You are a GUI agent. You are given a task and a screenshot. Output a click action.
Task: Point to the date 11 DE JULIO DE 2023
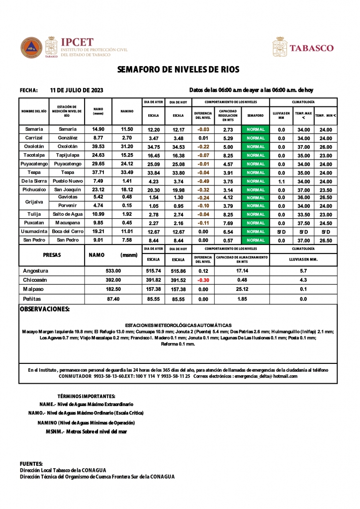pos(77,90)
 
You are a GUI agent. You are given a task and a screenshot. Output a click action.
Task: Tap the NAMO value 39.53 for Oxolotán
pos(98,147)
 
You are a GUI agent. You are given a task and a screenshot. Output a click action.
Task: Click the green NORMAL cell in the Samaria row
pos(255,129)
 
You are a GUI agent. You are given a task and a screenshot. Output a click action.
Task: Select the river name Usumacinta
pos(34,232)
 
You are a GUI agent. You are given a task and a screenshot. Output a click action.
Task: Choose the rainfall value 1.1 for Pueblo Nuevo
pos(281,181)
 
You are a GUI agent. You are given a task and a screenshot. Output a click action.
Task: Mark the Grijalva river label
pos(34,202)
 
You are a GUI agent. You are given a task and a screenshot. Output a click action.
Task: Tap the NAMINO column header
pos(127,111)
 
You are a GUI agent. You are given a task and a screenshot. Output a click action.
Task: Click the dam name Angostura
pos(36,271)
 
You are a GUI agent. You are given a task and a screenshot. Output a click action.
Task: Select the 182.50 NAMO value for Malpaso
pos(113,289)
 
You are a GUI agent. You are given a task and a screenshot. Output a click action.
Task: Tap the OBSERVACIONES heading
pos(44,309)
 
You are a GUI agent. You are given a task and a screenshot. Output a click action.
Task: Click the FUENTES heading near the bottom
pos(31,463)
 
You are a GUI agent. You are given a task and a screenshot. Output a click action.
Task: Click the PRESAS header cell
pos(52,254)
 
